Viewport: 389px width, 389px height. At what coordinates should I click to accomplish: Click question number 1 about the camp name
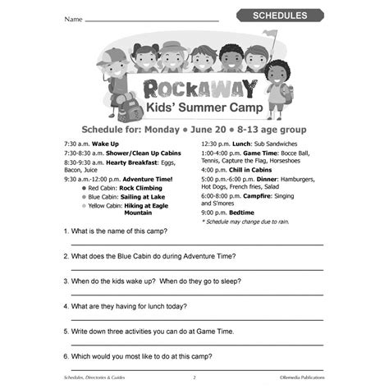131,233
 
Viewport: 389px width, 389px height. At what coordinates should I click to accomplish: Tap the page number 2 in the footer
194,378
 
